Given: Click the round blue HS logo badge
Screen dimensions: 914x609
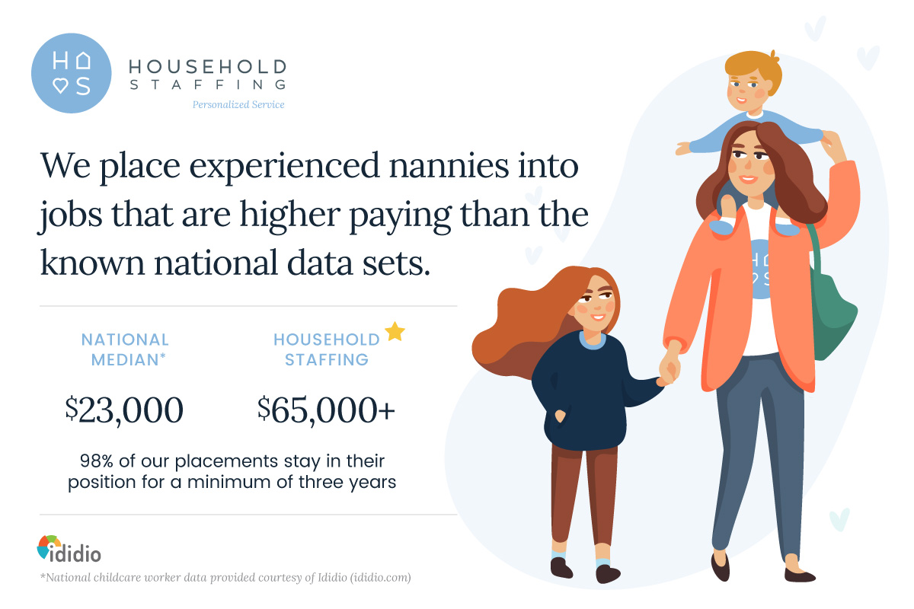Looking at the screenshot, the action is point(72,73).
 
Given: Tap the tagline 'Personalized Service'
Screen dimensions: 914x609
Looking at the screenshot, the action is point(238,105).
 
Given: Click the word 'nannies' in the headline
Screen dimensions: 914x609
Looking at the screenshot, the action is point(449,166).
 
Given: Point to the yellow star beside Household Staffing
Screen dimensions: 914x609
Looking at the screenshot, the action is point(395,332).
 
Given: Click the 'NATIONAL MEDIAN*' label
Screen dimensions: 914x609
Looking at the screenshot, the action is point(125,349).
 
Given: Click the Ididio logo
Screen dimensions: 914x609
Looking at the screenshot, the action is point(69,549).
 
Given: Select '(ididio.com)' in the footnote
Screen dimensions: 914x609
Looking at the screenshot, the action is point(380,578).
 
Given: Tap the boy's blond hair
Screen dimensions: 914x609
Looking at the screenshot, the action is point(755,69).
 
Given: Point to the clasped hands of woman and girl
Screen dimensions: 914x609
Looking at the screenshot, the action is point(669,368).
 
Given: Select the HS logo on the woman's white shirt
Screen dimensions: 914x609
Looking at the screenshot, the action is point(760,269).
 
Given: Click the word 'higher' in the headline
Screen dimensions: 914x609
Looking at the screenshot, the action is point(289,215).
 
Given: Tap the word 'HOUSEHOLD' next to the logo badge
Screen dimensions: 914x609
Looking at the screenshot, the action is point(208,66).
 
